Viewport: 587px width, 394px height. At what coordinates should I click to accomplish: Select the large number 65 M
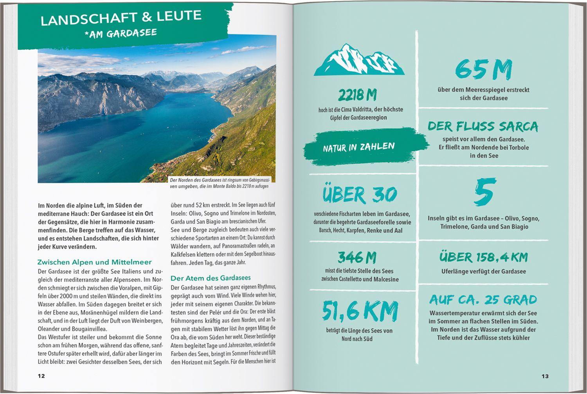coord(483,70)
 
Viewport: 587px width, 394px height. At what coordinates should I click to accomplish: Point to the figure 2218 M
coord(357,95)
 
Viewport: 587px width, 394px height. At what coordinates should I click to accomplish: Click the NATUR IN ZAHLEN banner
coord(359,147)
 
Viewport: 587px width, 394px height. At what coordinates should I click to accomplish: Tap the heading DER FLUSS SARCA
coord(483,126)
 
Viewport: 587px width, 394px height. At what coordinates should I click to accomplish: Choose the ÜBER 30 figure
coord(360,194)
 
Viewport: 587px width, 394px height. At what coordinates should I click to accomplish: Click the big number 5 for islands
coord(484,192)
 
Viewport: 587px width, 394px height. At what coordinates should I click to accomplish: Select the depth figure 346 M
coord(357,257)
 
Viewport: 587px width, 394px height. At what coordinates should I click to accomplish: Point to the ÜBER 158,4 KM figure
coord(483,257)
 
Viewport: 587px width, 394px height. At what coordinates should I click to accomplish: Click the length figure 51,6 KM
coord(360,311)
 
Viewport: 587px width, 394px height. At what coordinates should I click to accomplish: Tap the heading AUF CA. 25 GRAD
coord(483,300)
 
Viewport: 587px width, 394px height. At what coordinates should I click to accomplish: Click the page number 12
coord(41,376)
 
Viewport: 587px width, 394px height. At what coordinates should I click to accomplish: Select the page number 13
coord(545,376)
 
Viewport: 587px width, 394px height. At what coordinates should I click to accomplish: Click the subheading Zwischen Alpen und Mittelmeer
coord(94,262)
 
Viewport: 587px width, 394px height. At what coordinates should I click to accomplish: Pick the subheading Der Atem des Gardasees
coord(211,278)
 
